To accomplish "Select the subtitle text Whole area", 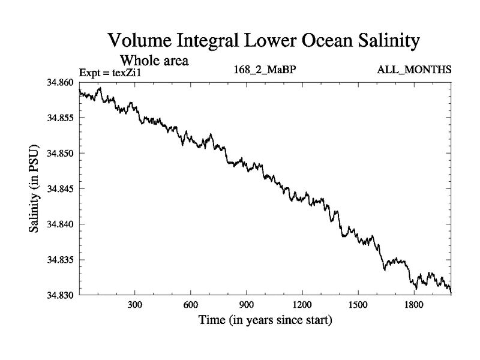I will [x=155, y=60].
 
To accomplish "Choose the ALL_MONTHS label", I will [x=414, y=70].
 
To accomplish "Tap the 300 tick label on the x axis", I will [x=135, y=305].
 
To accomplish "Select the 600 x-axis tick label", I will [x=191, y=305].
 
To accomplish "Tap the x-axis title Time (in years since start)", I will [x=265, y=320].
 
